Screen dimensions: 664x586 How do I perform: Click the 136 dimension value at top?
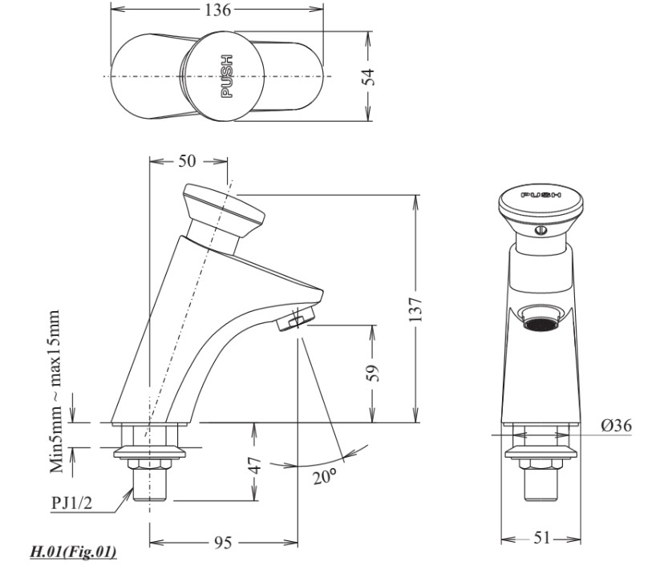click(218, 10)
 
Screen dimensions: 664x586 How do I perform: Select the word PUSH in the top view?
click(228, 76)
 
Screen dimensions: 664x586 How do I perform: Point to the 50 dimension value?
click(187, 161)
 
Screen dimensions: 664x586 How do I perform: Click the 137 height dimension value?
click(416, 309)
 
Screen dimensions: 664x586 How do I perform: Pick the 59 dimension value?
click(373, 373)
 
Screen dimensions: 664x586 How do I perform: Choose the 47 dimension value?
click(254, 465)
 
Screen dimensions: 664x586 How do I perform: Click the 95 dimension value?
click(223, 543)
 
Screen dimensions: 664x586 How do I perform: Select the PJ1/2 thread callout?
click(71, 503)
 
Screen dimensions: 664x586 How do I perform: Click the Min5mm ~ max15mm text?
click(55, 392)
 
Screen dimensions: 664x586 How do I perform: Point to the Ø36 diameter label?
click(616, 425)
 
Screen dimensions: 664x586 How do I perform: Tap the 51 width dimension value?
click(541, 538)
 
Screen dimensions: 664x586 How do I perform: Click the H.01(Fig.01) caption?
click(73, 552)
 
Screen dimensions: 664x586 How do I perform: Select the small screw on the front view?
click(541, 230)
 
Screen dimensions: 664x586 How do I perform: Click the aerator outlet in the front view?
click(541, 317)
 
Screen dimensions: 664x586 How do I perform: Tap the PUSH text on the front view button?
click(541, 195)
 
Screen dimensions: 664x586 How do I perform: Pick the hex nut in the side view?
click(149, 464)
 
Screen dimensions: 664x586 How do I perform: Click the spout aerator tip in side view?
click(296, 319)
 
